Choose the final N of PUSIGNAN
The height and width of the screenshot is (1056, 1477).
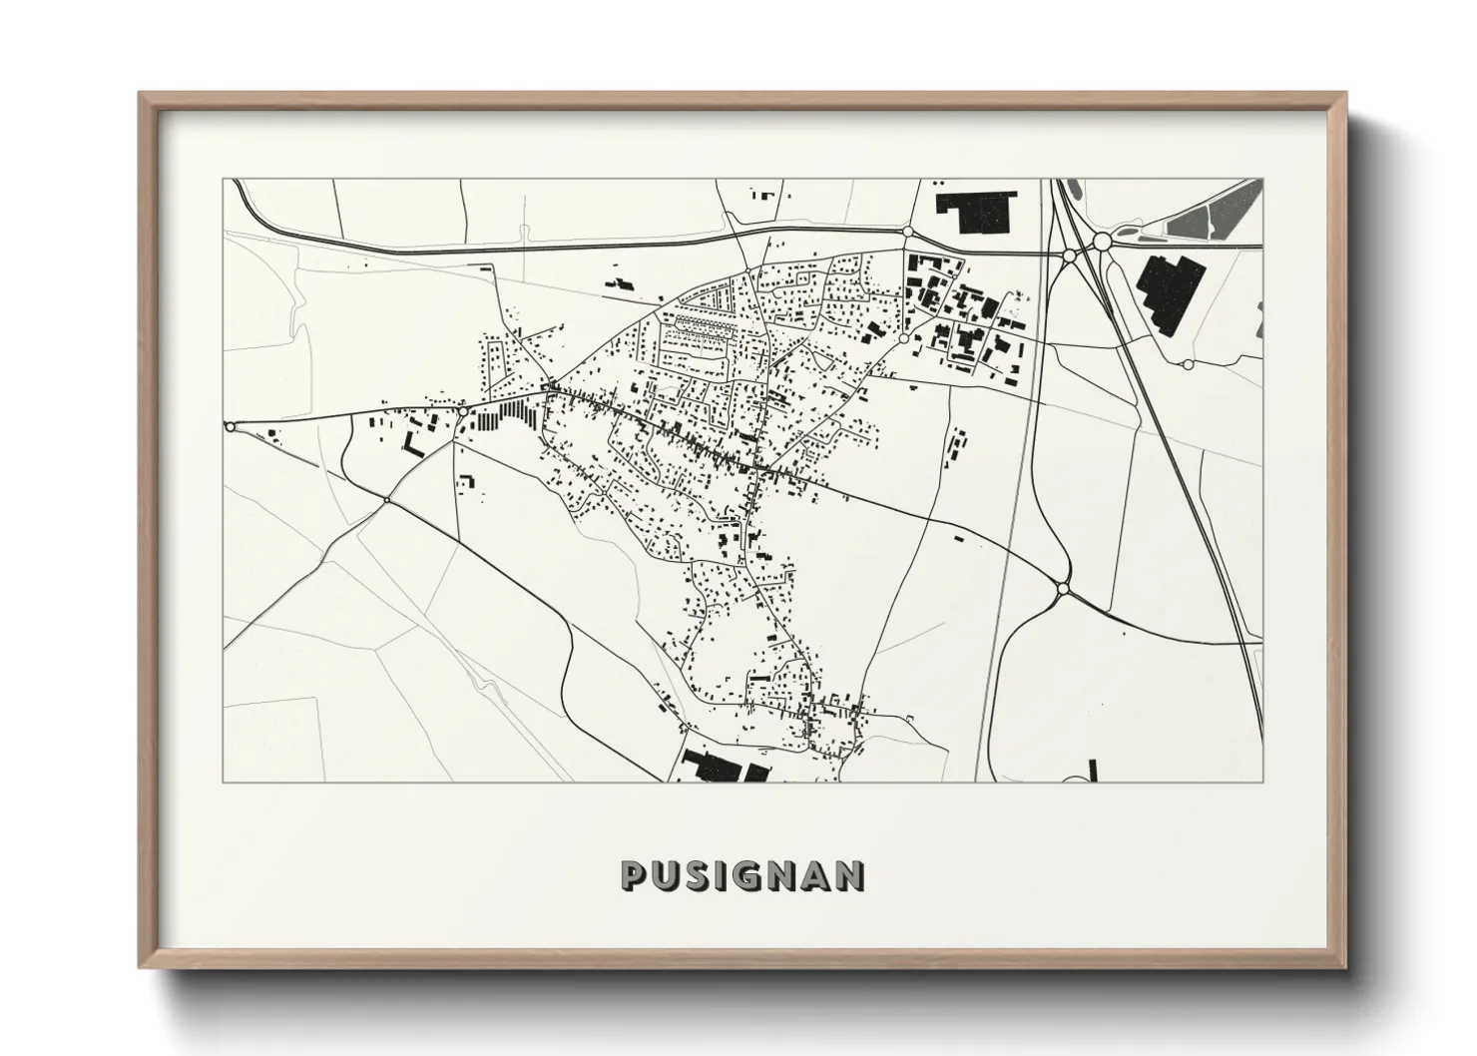[x=848, y=875]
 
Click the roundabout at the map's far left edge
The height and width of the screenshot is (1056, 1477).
[x=231, y=427]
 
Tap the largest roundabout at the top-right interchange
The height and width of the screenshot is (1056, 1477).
[x=1102, y=242]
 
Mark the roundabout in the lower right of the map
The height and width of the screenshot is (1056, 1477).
[x=1063, y=590]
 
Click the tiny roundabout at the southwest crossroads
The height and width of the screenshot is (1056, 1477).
[x=386, y=499]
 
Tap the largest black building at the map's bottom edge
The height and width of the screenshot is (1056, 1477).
[x=713, y=769]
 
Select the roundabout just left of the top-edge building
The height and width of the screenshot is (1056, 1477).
[x=907, y=232]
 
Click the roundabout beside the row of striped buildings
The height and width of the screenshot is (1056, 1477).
[x=463, y=409]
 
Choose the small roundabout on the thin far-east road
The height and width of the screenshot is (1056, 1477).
[x=1188, y=364]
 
